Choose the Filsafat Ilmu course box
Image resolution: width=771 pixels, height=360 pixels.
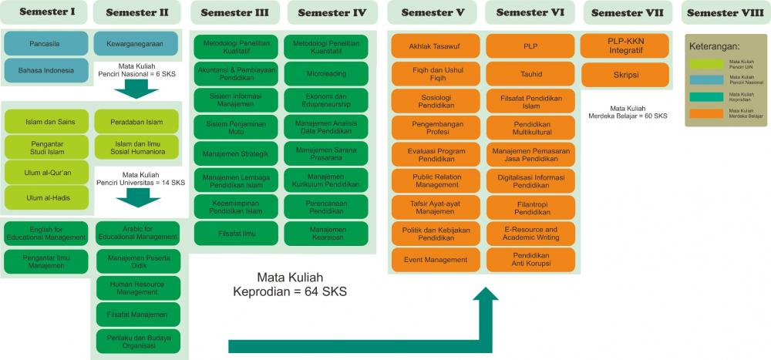point(237,232)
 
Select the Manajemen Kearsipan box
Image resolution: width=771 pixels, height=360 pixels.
point(326,234)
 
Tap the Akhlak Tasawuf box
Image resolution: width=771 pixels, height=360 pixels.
point(436,46)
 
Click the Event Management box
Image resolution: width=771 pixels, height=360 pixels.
point(436,260)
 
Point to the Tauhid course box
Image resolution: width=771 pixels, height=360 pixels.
point(531,74)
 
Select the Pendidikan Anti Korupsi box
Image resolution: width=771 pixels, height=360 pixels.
point(531,260)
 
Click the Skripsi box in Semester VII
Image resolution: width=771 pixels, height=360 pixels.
point(625,74)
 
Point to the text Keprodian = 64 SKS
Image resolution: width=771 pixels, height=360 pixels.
point(290,291)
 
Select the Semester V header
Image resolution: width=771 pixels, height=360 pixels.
point(433,12)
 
